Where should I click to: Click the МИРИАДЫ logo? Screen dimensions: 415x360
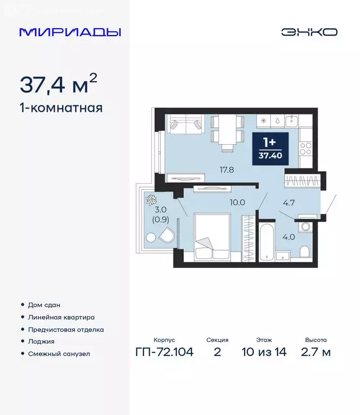[70, 32]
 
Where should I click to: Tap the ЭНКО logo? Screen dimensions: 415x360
[309, 32]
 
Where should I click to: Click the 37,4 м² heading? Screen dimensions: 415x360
[58, 84]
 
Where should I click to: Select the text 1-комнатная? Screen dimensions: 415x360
[61, 108]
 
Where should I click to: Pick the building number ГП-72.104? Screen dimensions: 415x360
[164, 353]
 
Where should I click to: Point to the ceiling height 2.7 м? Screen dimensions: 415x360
[316, 353]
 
